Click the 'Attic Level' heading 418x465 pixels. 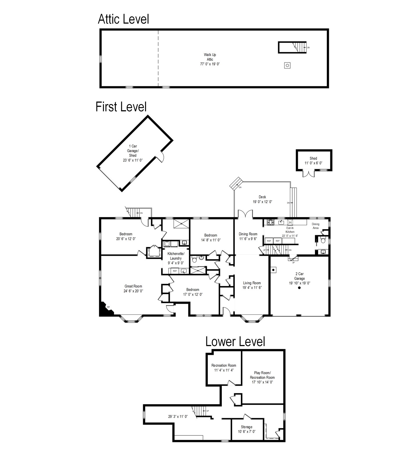tap(123, 19)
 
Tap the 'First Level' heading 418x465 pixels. tap(121, 107)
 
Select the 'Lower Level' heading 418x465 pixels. tap(235, 341)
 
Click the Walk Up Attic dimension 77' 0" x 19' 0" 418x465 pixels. tap(210, 64)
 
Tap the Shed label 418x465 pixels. tap(313, 158)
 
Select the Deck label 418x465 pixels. tap(262, 197)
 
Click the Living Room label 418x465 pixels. tap(252, 283)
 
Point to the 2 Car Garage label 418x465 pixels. tap(300, 276)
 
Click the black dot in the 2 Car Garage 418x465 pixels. tap(299, 288)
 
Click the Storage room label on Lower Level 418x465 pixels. tap(246, 427)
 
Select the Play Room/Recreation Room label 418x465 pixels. tap(262, 375)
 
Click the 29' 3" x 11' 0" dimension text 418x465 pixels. tap(178, 416)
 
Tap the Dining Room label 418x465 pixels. tap(248, 234)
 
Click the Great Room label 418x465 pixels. tap(133, 286)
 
